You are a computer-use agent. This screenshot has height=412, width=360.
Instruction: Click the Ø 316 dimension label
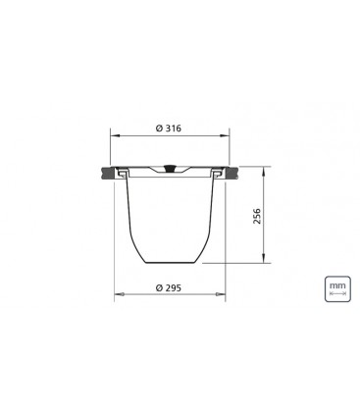[x=169, y=129]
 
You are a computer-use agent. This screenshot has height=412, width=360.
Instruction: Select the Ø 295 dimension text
[x=169, y=288]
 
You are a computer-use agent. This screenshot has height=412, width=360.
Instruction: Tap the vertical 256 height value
[x=258, y=216]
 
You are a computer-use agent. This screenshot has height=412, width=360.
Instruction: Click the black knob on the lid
[x=170, y=169]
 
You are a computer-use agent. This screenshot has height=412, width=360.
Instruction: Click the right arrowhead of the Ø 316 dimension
[x=225, y=135]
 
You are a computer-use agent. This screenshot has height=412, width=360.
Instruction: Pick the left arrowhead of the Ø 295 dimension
[x=119, y=294]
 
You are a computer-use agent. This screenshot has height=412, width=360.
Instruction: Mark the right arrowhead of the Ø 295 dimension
[x=221, y=294]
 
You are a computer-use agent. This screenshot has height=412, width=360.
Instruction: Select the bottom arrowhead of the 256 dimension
[x=263, y=258]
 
